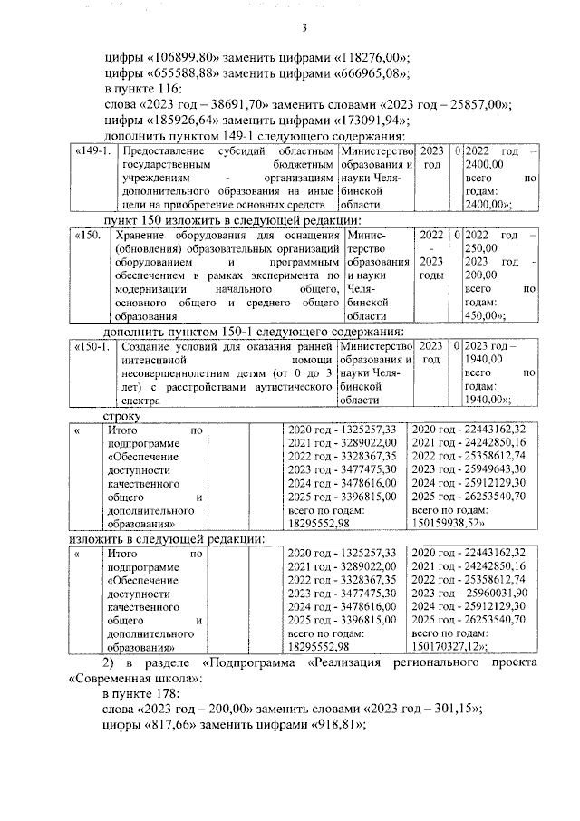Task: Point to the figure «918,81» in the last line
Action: (333, 725)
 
